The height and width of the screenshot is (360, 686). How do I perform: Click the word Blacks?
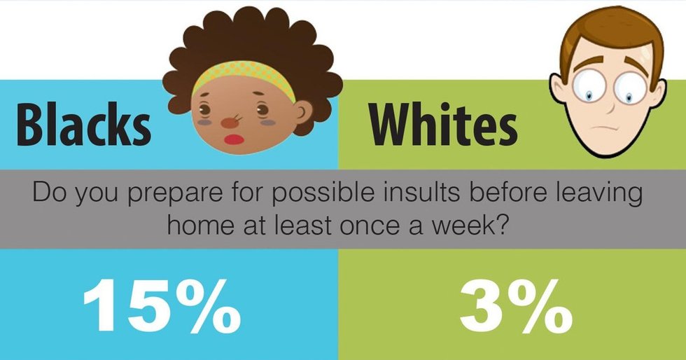pos(83,126)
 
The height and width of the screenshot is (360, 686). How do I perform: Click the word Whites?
pos(443,126)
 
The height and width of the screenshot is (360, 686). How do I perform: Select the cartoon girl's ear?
pos(303,111)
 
